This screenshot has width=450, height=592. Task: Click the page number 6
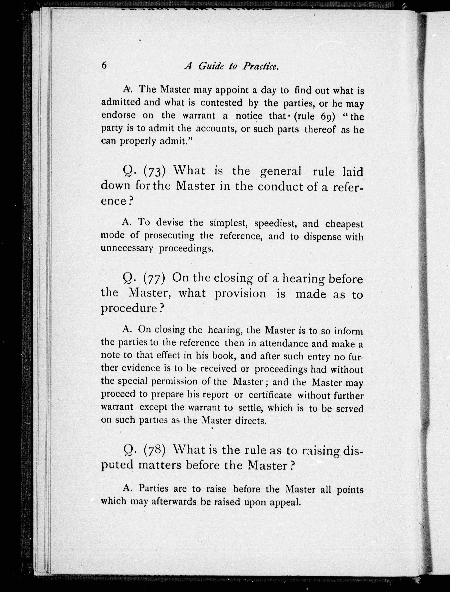tap(104, 66)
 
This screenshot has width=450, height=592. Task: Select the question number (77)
tap(154, 279)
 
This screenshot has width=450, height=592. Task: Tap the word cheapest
tap(344, 224)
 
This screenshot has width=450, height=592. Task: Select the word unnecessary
tap(127, 248)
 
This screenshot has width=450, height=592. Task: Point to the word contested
tap(221, 103)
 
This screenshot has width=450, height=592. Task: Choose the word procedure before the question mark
tap(129, 308)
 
